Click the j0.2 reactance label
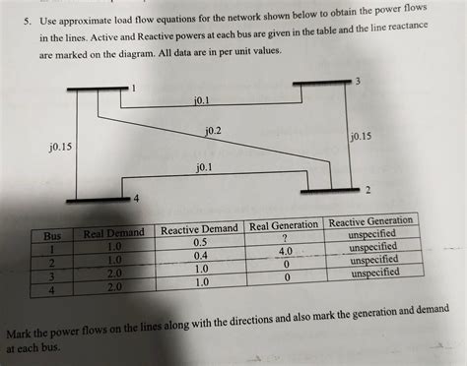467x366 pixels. click(213, 131)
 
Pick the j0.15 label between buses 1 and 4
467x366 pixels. click(61, 148)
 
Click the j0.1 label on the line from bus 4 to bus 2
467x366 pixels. click(203, 168)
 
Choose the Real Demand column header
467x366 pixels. click(114, 232)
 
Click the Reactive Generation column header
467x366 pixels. click(370, 220)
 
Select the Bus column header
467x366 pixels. click(52, 236)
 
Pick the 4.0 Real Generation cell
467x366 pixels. click(285, 252)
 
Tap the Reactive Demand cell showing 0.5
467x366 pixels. click(200, 242)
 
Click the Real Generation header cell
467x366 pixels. click(285, 225)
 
